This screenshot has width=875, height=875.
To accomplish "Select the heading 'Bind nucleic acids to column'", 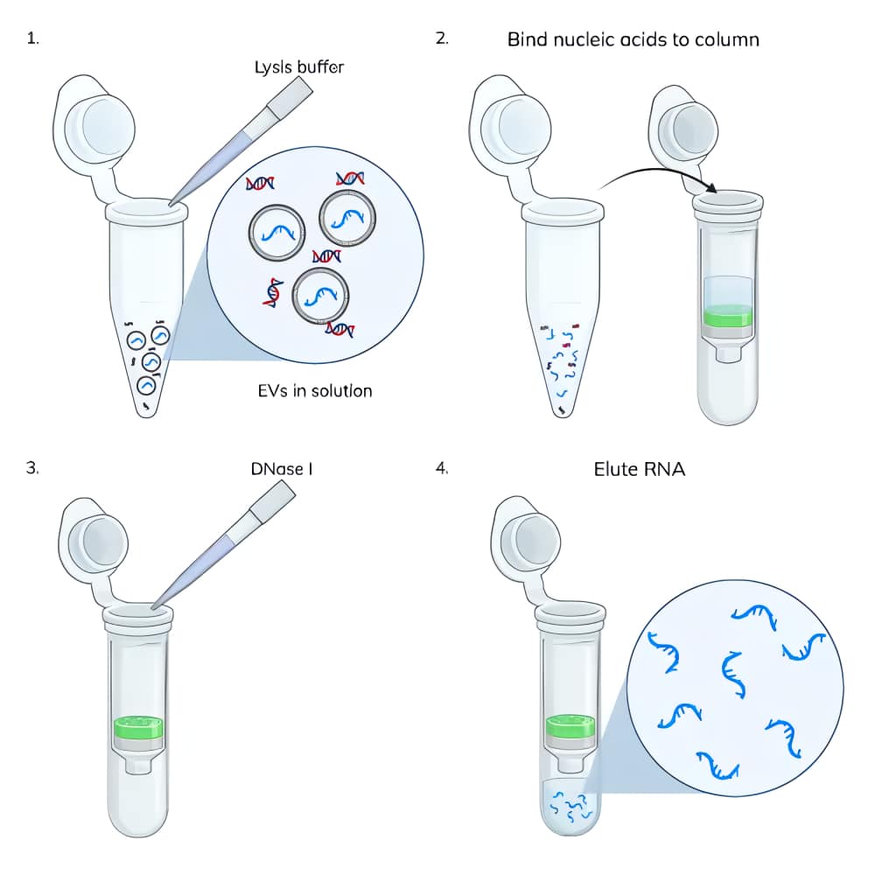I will (633, 39).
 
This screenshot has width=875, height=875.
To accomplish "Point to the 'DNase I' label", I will (282, 469).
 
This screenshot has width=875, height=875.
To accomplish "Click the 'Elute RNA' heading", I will (639, 469).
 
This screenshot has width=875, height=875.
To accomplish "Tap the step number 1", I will (33, 39).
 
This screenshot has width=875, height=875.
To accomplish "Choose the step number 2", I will (442, 39).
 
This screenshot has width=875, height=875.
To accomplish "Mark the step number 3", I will (33, 468).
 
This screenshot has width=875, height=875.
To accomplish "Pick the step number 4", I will (442, 468).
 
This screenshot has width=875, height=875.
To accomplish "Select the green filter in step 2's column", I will (728, 316).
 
